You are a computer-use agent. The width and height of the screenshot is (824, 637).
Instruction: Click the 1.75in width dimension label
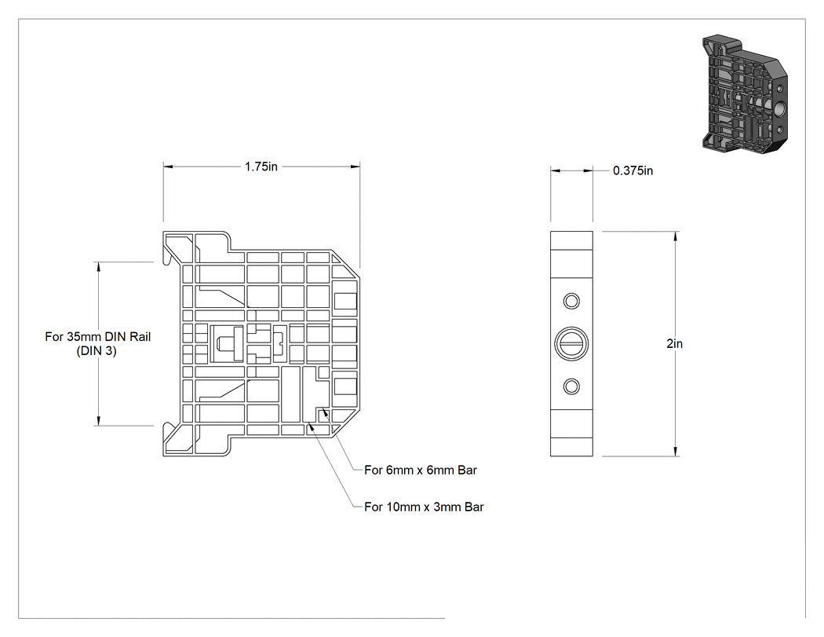coord(261,167)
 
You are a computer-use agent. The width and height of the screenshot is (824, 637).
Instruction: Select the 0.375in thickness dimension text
coord(633,171)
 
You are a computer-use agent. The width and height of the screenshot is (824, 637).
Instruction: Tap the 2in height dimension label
coord(675,343)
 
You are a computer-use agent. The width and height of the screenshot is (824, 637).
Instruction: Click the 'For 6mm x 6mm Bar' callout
coord(421,470)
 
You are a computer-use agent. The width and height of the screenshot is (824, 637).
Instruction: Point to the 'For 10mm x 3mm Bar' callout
coord(424,507)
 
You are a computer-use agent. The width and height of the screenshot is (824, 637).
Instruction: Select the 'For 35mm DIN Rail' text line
coord(98,337)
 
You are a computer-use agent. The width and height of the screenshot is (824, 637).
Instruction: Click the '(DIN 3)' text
coord(97,351)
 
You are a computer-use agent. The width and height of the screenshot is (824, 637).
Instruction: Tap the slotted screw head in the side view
coord(571,344)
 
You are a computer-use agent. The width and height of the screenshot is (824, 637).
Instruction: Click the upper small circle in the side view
coord(571,302)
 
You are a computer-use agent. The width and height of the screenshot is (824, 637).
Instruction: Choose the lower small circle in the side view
coord(571,386)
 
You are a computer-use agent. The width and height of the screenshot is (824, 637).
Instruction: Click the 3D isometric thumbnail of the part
coord(745,95)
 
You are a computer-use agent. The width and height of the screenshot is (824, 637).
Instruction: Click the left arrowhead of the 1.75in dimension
coord(168,167)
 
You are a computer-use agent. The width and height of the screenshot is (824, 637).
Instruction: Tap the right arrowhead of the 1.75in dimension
coord(355,167)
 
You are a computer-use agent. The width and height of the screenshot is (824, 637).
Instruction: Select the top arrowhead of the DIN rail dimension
coord(98,267)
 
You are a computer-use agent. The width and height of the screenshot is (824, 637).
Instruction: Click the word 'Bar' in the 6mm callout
coord(467,470)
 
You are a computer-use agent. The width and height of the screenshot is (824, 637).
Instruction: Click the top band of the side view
coord(571,241)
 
